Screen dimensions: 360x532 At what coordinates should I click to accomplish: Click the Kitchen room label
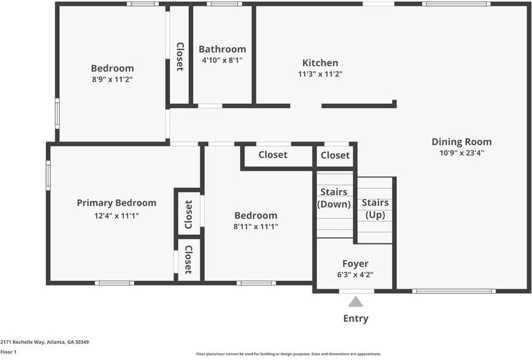(320, 63)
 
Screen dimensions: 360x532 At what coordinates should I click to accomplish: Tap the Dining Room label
(462, 142)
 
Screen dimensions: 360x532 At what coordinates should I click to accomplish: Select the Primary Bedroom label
(116, 203)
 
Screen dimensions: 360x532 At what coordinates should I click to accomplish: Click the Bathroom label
(222, 49)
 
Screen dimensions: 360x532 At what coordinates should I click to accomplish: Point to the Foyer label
(355, 263)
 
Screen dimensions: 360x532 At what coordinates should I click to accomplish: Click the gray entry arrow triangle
(355, 302)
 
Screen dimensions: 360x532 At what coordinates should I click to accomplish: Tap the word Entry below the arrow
(355, 318)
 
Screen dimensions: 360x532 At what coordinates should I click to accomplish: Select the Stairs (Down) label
(334, 198)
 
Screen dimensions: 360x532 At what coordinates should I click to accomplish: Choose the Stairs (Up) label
(375, 209)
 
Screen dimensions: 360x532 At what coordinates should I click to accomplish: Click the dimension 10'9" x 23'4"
(462, 153)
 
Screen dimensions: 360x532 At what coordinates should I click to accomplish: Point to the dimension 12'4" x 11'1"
(116, 216)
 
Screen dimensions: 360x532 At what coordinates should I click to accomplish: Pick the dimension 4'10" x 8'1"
(222, 60)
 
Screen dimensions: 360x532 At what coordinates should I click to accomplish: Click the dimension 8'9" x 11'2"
(112, 79)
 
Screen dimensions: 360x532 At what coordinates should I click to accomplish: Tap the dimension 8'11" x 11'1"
(256, 226)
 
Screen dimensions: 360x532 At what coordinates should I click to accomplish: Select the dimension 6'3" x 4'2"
(355, 275)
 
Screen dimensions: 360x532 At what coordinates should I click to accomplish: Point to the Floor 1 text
(8, 352)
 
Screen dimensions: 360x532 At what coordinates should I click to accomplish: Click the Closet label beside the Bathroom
(180, 57)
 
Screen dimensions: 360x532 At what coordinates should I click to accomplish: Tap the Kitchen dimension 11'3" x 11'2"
(320, 75)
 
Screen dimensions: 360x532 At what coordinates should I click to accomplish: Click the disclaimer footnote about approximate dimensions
(289, 354)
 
